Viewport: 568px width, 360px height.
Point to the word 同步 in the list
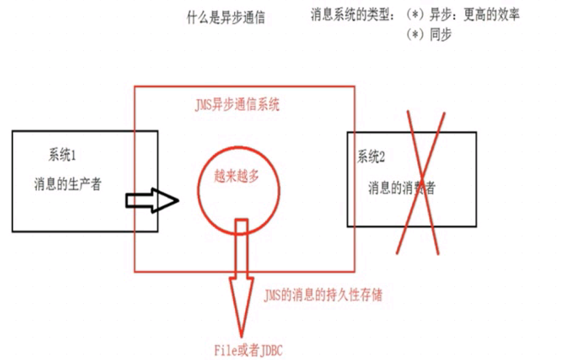click(x=441, y=35)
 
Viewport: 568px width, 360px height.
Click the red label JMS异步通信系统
click(x=237, y=105)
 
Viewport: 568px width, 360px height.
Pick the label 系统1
click(x=62, y=156)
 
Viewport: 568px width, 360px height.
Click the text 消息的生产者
click(x=67, y=184)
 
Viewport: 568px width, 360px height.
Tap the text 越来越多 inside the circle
click(x=237, y=176)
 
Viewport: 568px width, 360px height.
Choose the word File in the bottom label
click(x=225, y=350)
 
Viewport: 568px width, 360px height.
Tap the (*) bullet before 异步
click(x=414, y=16)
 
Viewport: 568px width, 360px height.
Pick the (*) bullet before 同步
click(x=414, y=35)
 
